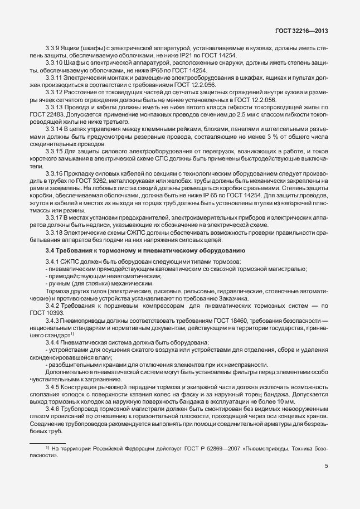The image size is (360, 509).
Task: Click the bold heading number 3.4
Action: click(50, 251)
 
